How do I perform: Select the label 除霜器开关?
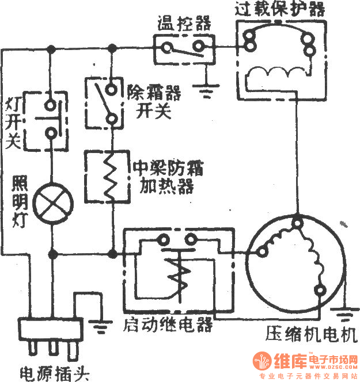click(x=151, y=100)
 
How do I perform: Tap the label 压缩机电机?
click(x=310, y=335)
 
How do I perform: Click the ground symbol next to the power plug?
click(x=101, y=327)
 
